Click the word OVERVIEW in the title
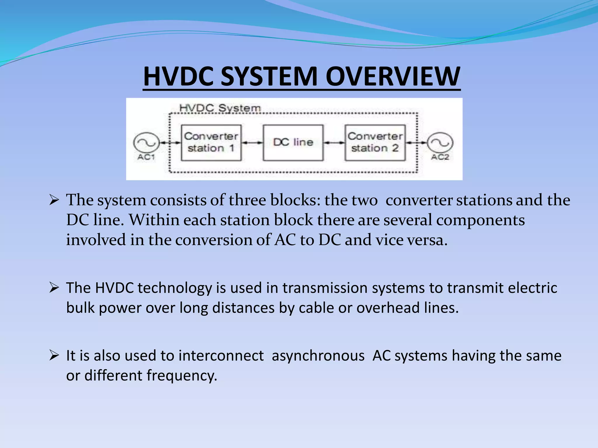coord(393,76)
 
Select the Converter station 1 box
coord(211,143)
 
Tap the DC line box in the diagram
coord(293,143)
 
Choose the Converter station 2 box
coord(375,143)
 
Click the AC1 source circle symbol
coord(146,143)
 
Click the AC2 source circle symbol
coord(440,143)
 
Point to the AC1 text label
coord(146,157)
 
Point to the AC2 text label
coord(440,157)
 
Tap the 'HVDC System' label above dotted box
coord(220,108)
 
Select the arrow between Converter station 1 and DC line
coord(252,143)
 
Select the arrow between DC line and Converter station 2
coord(334,143)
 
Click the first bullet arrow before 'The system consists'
coord(54,200)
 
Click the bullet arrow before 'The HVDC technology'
coord(54,288)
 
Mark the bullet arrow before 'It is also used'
coord(54,356)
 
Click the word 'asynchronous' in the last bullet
coord(318,356)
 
